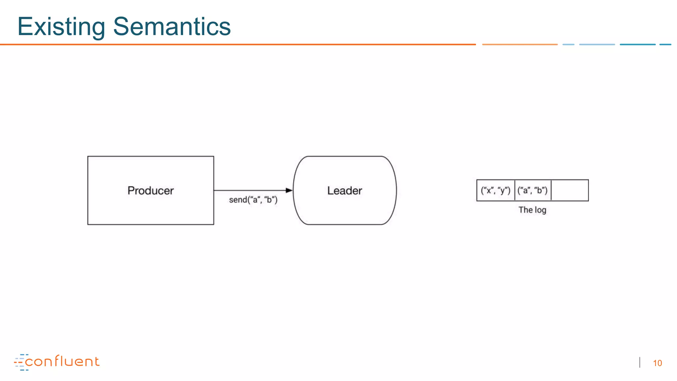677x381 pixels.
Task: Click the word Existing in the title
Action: [x=61, y=26]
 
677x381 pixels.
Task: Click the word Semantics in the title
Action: [x=172, y=26]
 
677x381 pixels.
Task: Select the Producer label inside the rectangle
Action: [x=150, y=190]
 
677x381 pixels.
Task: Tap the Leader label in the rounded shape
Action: [x=344, y=190]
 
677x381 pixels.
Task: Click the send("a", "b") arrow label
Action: [x=253, y=200]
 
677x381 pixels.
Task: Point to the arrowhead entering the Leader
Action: [x=289, y=190]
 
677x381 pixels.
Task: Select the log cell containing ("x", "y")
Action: [x=496, y=190]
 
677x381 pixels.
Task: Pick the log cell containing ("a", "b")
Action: [x=533, y=190]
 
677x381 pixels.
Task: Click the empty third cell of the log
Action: [x=570, y=190]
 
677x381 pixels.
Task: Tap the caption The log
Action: [x=532, y=210]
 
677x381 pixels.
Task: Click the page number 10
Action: [x=657, y=363]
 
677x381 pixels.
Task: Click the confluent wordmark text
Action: [x=62, y=361]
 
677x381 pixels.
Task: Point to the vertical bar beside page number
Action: [x=640, y=362]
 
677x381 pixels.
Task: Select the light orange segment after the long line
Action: [x=520, y=44]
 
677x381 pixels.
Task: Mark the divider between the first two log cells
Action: [x=515, y=190]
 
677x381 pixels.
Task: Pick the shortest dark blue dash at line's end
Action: [x=665, y=44]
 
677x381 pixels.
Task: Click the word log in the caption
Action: [x=540, y=210]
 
